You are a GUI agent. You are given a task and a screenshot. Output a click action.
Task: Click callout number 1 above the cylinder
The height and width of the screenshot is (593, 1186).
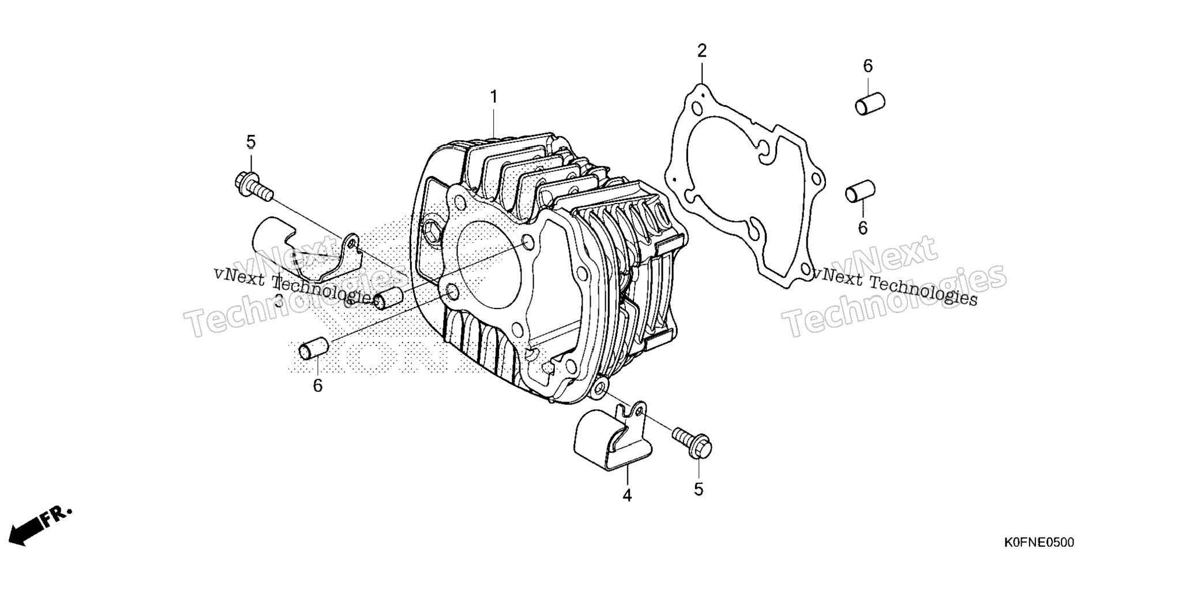click(x=494, y=97)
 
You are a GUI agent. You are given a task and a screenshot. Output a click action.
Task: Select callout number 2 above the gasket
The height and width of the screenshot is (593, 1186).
click(x=701, y=51)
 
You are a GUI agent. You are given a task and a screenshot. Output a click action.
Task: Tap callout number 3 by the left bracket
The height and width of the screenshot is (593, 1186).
click(x=279, y=301)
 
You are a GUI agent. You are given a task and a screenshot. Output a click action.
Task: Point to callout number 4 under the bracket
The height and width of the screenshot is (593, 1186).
click(x=627, y=495)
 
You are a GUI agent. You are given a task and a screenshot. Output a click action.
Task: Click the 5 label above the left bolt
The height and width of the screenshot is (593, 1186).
click(x=251, y=142)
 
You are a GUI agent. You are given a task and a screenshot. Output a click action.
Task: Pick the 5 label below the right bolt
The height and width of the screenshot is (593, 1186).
click(x=699, y=489)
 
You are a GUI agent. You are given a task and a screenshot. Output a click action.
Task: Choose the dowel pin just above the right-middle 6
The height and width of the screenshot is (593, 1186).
click(x=861, y=192)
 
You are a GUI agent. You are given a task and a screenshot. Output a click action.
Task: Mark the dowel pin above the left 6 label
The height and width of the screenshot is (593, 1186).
click(x=313, y=350)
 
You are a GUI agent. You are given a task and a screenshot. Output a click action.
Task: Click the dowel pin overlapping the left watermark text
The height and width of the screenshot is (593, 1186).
click(x=389, y=297)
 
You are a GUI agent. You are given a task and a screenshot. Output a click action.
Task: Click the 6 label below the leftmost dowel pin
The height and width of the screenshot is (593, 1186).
click(x=318, y=385)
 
